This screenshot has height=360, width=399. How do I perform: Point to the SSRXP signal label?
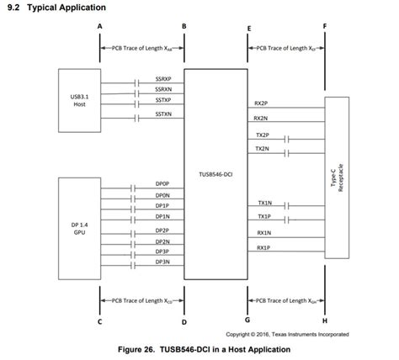pos(163,78)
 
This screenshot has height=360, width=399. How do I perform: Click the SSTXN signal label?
pos(163,114)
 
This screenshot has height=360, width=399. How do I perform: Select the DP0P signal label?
pos(162,183)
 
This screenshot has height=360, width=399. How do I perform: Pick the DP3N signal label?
pos(162,262)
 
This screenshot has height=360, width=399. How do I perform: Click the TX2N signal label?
pos(261,148)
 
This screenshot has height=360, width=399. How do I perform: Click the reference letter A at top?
pos(100,26)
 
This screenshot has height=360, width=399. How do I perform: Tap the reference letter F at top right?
pos(325,26)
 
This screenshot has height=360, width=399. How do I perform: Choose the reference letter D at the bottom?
pos(184,321)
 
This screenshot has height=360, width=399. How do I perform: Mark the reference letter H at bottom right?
pos(325,321)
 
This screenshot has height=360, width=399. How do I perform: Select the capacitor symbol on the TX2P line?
pos(289,139)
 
